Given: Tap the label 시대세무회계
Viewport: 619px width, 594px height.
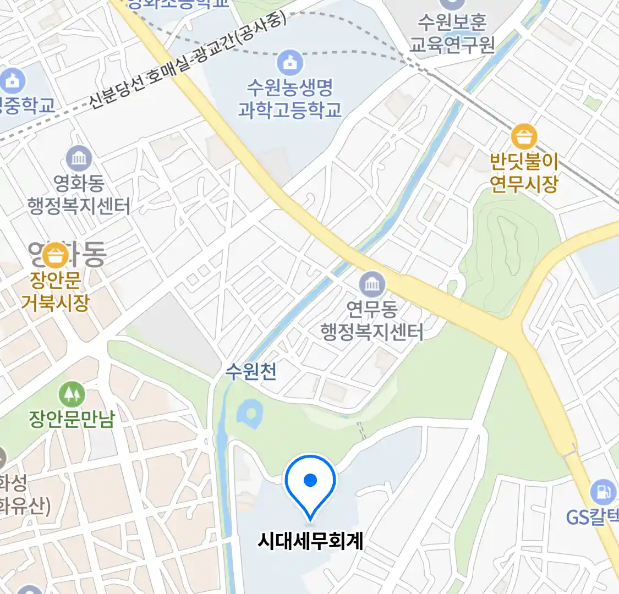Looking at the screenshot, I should click(x=310, y=541).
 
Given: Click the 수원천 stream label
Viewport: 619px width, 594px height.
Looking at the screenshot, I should click(x=251, y=372).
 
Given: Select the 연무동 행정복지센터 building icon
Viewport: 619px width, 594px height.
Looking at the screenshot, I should click(x=372, y=285).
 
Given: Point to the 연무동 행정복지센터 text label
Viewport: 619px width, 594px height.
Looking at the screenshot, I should click(x=372, y=321).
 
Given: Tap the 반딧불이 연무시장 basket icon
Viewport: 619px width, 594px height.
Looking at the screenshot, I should click(x=524, y=137).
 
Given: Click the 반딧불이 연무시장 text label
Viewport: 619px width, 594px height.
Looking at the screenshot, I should click(x=524, y=173).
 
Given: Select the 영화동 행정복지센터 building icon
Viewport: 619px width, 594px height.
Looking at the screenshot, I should click(x=79, y=159).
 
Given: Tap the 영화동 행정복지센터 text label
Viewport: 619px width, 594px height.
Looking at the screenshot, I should click(x=79, y=195).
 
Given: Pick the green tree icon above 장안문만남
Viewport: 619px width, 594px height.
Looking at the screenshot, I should click(x=72, y=394).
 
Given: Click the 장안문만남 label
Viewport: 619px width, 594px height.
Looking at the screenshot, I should click(x=72, y=420).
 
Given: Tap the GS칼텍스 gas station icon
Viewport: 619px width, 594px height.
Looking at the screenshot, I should click(x=602, y=491).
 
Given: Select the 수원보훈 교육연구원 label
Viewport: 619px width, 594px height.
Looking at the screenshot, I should click(x=452, y=33).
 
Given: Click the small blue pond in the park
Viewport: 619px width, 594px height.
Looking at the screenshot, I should click(x=250, y=415).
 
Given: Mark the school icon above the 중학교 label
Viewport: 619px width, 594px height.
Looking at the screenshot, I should click(x=12, y=81).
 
